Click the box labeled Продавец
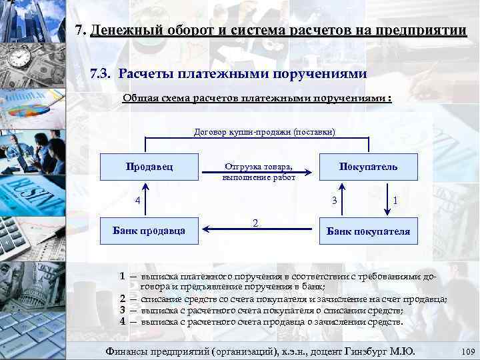pos(149,167)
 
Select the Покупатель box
pos(368,167)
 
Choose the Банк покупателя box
pos(368,232)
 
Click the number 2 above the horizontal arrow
pos(255,222)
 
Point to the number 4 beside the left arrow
pos(137,201)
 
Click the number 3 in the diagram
pos(335,201)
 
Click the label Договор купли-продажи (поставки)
pos(258,132)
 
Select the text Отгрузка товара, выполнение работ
pos(258,172)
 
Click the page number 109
pos(467,351)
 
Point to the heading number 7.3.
pos(102,73)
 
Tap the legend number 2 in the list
pos(123,299)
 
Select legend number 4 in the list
pos(123,321)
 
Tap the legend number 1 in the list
pos(123,276)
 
